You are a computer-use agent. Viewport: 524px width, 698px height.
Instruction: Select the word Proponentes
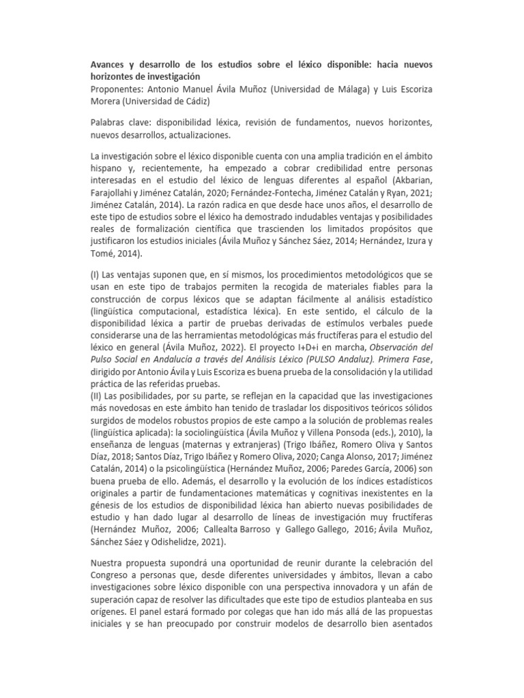[x=119, y=89]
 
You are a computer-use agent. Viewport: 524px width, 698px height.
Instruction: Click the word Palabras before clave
[x=111, y=123]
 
